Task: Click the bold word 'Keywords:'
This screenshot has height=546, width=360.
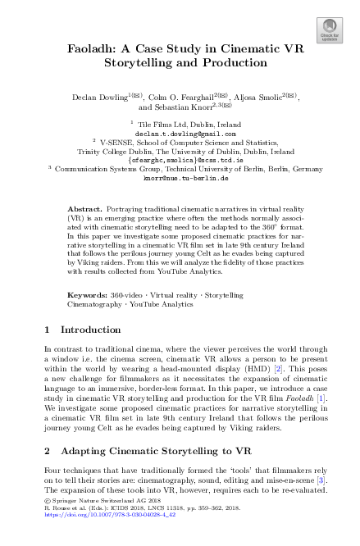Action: (88, 293)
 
